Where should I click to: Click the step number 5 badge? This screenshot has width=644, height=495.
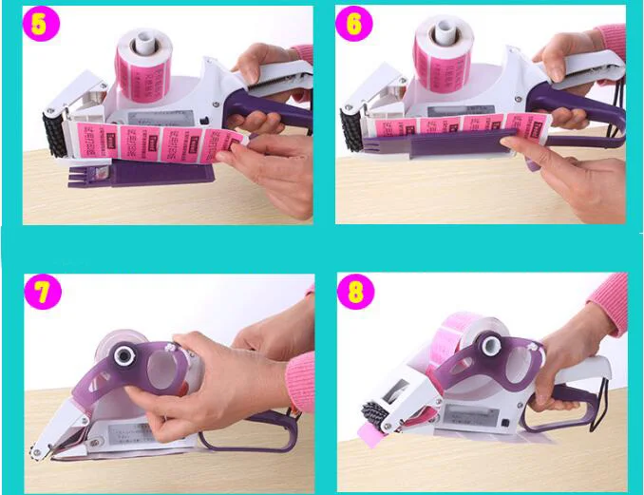click(40, 25)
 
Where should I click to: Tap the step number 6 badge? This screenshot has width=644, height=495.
click(354, 25)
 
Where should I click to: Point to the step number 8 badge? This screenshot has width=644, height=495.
click(355, 293)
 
